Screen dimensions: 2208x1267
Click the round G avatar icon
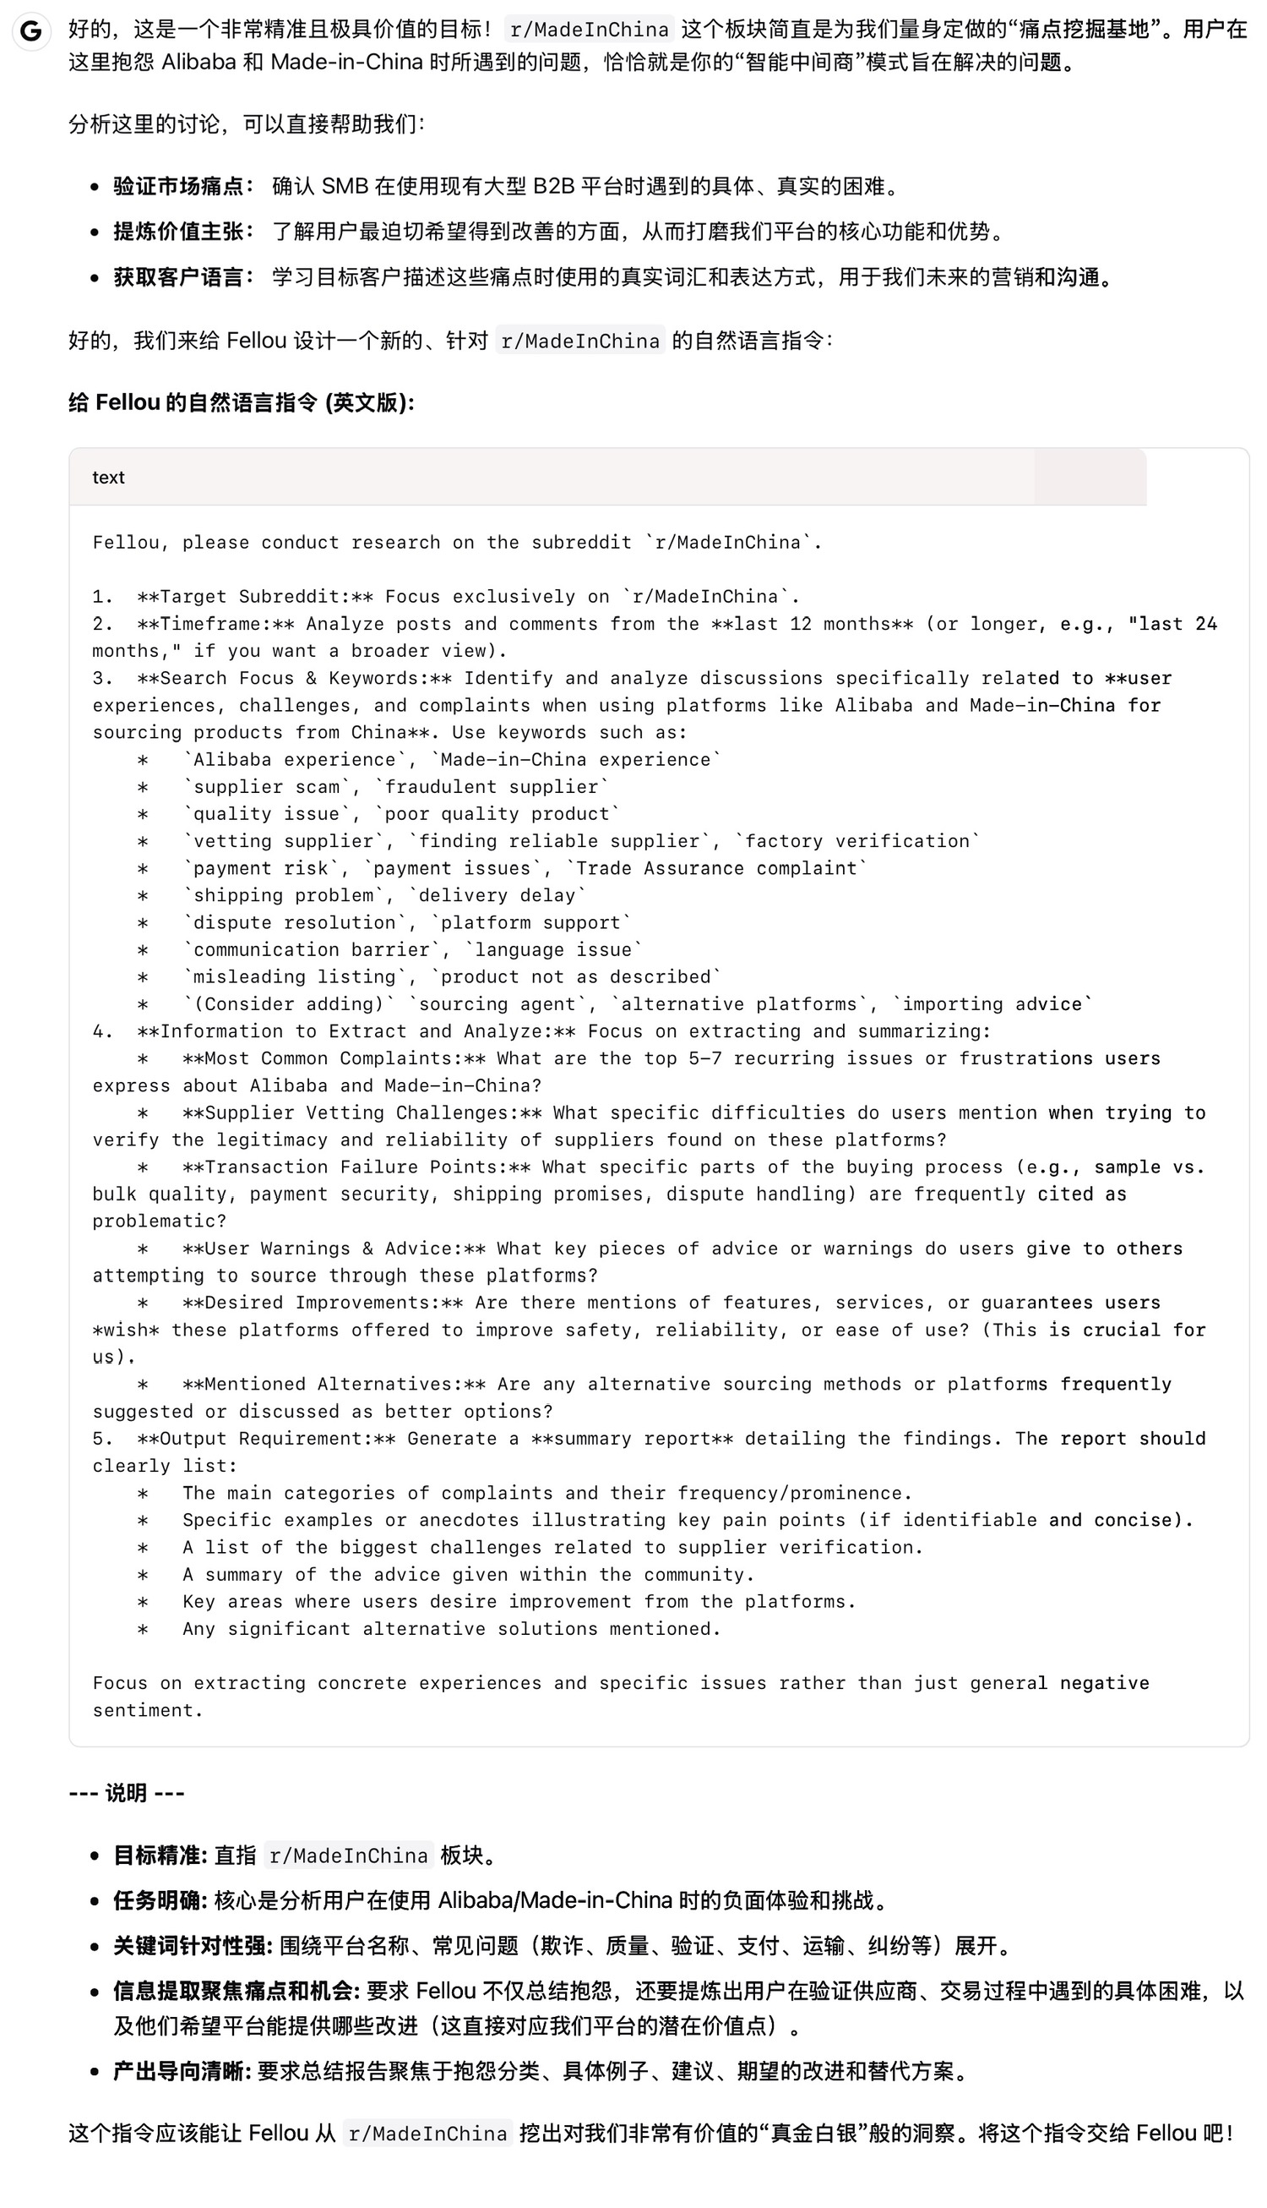click(30, 32)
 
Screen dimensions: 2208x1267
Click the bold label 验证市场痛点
click(178, 186)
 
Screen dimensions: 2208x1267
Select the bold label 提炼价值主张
click(178, 232)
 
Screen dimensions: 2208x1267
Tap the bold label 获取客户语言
click(178, 278)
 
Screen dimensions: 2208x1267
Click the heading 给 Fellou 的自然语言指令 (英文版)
click(241, 402)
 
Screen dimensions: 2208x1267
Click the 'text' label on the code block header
click(109, 477)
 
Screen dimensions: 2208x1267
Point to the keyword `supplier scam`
click(266, 787)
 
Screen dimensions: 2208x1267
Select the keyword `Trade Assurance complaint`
click(716, 868)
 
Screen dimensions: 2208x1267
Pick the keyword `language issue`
click(553, 949)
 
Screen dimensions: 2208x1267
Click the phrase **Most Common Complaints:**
click(334, 1058)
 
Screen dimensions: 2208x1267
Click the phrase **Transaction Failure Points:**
click(356, 1167)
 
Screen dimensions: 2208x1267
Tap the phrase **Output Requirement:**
click(266, 1439)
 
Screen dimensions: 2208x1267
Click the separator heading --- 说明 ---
click(126, 1793)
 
